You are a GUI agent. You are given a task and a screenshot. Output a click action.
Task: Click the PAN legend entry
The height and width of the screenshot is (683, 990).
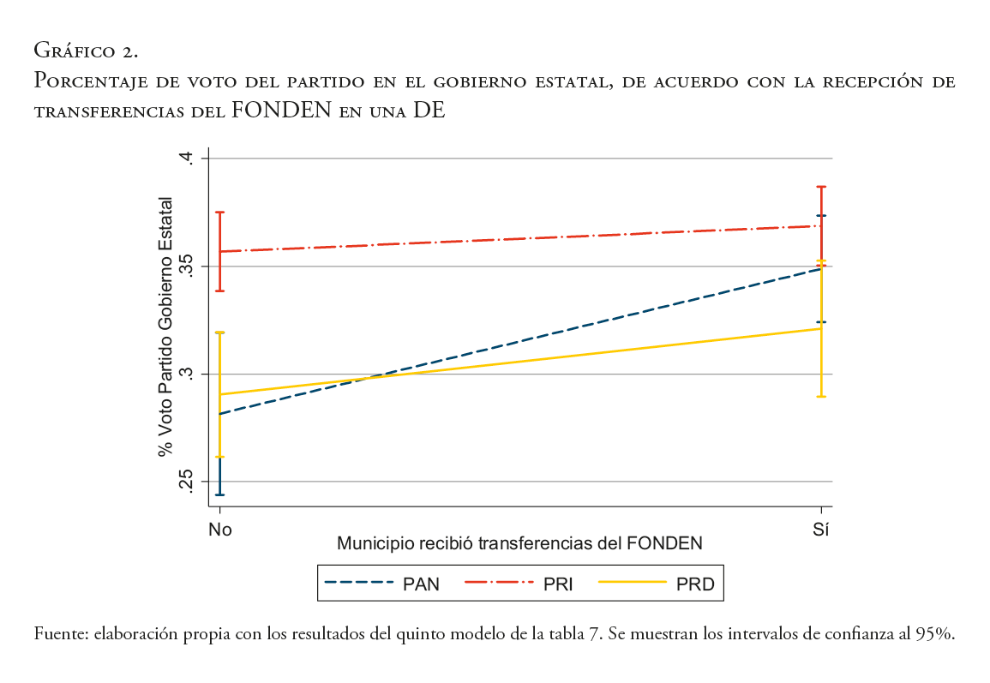pyautogui.click(x=382, y=585)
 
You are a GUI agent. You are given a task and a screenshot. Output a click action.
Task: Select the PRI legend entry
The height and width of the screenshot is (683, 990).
pyautogui.click(x=519, y=585)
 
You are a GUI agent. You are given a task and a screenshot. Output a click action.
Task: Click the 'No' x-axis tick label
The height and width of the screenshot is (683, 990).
pyautogui.click(x=220, y=529)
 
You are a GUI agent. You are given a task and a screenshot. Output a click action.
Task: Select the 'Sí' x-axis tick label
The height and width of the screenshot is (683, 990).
pyautogui.click(x=821, y=529)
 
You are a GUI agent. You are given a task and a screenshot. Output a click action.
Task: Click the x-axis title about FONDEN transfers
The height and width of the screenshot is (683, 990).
pyautogui.click(x=519, y=543)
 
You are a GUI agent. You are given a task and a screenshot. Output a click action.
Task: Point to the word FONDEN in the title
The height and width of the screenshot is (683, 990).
pyautogui.click(x=281, y=111)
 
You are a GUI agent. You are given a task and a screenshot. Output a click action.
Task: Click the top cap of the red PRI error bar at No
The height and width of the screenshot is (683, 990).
pyautogui.click(x=220, y=212)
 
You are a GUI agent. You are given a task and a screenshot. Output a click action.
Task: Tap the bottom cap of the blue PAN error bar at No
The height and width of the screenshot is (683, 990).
pyautogui.click(x=220, y=494)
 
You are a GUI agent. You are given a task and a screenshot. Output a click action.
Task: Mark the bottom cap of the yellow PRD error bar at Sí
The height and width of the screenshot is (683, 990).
pyautogui.click(x=821, y=396)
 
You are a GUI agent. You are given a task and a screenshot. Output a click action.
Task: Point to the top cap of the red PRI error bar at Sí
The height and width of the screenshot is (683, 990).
pyautogui.click(x=821, y=186)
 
